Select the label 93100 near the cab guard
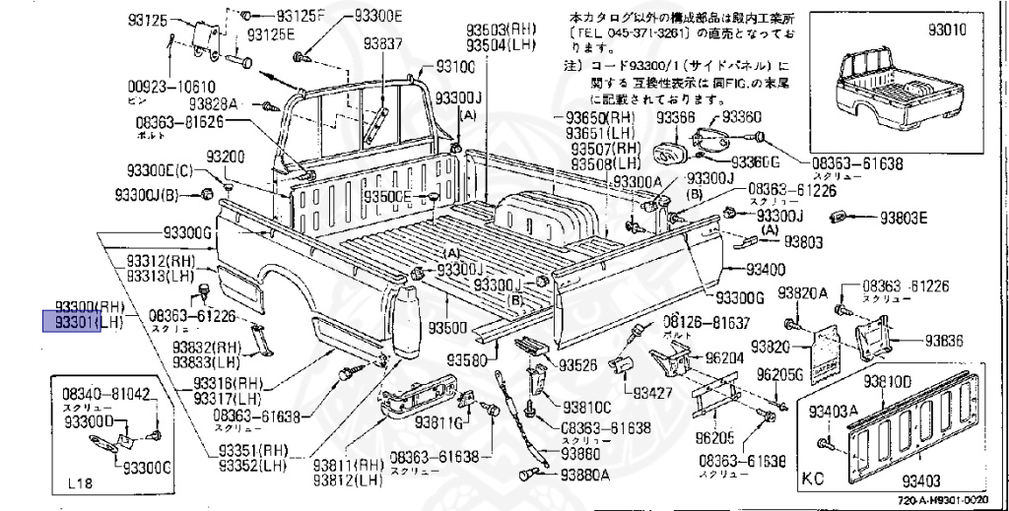pyautogui.click(x=455, y=68)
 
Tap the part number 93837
pyautogui.click(x=382, y=43)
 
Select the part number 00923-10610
pyautogui.click(x=176, y=86)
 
